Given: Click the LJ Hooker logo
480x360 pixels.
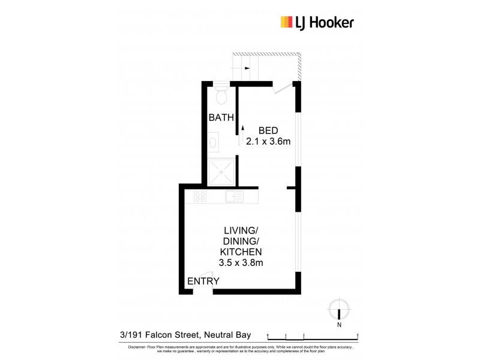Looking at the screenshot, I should click(317, 23).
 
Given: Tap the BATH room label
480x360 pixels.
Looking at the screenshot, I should click(221, 118).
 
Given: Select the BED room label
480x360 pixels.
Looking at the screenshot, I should click(268, 130).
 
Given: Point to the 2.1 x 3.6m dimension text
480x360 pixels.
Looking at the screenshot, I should click(268, 142).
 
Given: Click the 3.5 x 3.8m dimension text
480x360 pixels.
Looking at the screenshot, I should click(241, 262).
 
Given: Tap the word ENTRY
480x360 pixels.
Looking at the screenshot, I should click(203, 281).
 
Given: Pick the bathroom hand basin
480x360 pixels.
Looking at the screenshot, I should click(214, 142).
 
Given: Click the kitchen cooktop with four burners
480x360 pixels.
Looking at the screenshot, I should click(200, 196).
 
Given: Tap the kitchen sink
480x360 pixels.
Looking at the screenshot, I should click(235, 196).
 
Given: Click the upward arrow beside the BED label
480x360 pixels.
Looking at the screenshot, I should click(243, 127).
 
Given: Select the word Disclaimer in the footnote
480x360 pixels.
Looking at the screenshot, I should click(136, 347).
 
